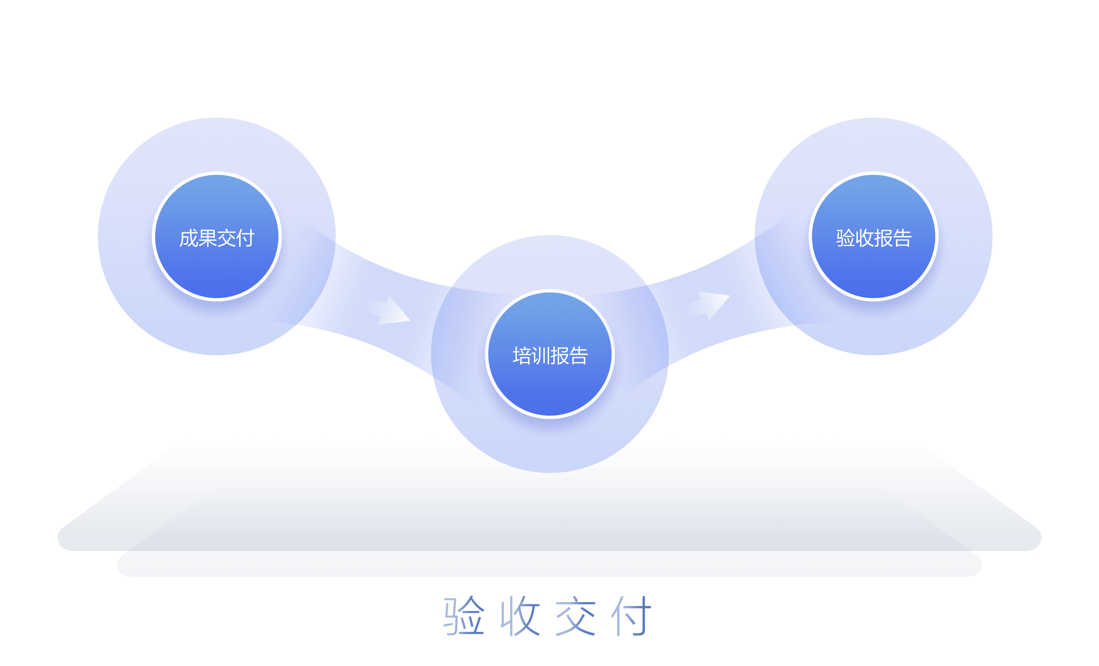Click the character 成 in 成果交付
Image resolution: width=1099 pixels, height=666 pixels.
click(x=188, y=238)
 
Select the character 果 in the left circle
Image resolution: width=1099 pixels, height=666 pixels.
click(x=207, y=238)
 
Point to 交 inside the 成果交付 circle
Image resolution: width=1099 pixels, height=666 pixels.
click(x=226, y=238)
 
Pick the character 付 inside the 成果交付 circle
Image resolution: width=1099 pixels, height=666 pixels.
click(x=245, y=238)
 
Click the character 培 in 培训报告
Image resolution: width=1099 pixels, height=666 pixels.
click(x=522, y=356)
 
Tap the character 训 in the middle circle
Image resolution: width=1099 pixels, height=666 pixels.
click(x=540, y=356)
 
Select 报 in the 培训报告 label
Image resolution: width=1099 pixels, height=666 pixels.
click(x=560, y=356)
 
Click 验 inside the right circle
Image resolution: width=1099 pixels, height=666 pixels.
click(x=845, y=238)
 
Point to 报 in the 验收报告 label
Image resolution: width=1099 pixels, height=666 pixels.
click(x=883, y=238)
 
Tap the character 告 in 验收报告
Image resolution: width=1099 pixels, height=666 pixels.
click(x=902, y=238)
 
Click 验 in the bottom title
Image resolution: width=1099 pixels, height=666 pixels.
click(x=464, y=616)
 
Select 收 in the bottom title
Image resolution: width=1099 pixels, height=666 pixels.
click(x=520, y=616)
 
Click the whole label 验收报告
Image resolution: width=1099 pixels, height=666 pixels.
click(x=874, y=238)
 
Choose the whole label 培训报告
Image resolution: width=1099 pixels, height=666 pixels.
click(x=550, y=356)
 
